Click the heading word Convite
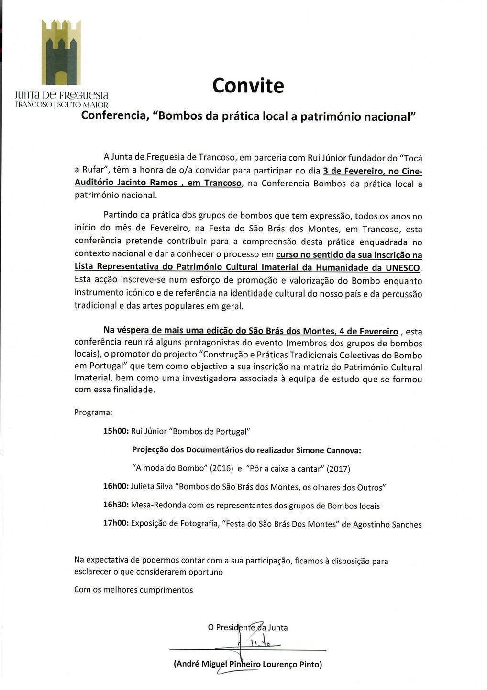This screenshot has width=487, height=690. pyautogui.click(x=248, y=86)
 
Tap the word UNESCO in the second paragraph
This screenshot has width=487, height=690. pyautogui.click(x=402, y=268)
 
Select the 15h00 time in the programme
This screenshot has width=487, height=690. pyautogui.click(x=116, y=431)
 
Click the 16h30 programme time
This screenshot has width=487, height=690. pyautogui.click(x=116, y=506)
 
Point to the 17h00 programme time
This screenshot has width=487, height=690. pyautogui.click(x=116, y=523)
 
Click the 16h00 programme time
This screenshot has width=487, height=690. pyautogui.click(x=116, y=487)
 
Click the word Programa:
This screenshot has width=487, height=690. pyautogui.click(x=93, y=412)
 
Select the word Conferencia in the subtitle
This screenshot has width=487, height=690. pyautogui.click(x=112, y=116)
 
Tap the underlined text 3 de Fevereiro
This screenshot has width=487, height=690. pyautogui.click(x=354, y=171)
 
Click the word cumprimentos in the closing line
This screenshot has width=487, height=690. pyautogui.click(x=166, y=590)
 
